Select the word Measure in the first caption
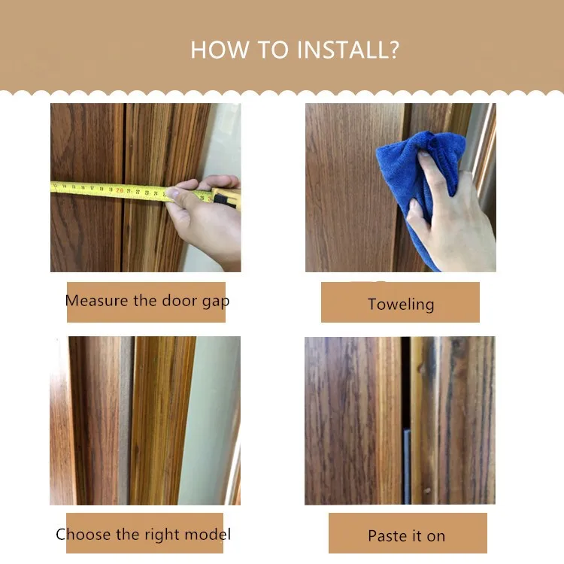pyautogui.click(x=96, y=301)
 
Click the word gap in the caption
pyautogui.click(x=214, y=302)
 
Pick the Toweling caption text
pyautogui.click(x=400, y=305)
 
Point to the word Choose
pyautogui.click(x=83, y=535)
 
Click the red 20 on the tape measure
pyautogui.click(x=119, y=190)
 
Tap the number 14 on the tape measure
pyautogui.click(x=64, y=186)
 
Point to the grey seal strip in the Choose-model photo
pyautogui.click(x=125, y=421)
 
